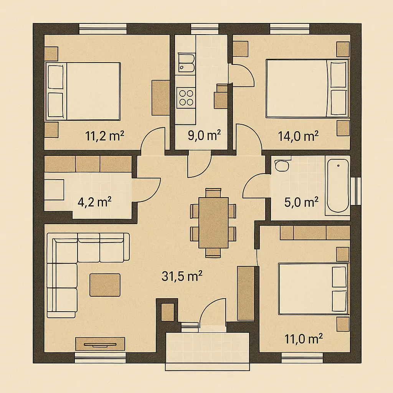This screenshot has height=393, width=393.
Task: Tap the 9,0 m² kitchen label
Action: [204, 135]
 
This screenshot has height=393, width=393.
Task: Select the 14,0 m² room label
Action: [298, 136]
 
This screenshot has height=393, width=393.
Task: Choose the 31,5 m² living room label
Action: [182, 276]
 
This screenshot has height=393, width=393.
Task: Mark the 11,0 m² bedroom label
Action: [303, 339]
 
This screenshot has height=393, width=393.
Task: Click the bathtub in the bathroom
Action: [338, 186]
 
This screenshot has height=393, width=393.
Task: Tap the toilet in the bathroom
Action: [282, 165]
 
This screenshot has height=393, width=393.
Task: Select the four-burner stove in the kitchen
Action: [186, 97]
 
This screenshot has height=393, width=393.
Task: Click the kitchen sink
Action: [186, 63]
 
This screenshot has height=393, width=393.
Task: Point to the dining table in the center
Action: [213, 223]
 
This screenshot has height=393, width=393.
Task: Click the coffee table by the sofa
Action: [105, 285]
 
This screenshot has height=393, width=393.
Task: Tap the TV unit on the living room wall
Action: [100, 344]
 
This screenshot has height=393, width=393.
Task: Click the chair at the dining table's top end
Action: [213, 192]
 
